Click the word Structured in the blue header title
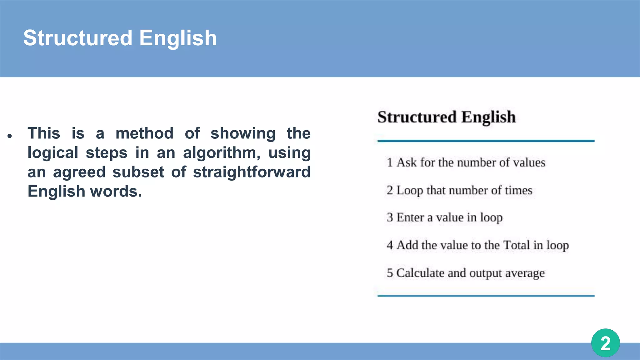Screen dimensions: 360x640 pyautogui.click(x=78, y=38)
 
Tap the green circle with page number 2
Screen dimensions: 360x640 pyautogui.click(x=605, y=343)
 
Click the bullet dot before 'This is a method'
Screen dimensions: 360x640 pyautogui.click(x=10, y=136)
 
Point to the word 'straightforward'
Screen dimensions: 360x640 pyautogui.click(x=252, y=172)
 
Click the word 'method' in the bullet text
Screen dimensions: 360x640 pyautogui.click(x=144, y=133)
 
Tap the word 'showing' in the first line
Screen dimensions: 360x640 pyautogui.click(x=243, y=133)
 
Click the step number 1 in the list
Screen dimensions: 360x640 pyautogui.click(x=389, y=162)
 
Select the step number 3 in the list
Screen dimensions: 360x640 pyautogui.click(x=390, y=217)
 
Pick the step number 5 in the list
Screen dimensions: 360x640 pyautogui.click(x=390, y=273)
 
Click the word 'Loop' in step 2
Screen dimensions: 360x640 pyautogui.click(x=410, y=191)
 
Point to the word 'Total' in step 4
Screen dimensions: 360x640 pyautogui.click(x=517, y=245)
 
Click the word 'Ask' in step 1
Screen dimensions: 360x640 pyautogui.click(x=407, y=162)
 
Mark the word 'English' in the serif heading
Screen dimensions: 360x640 pyautogui.click(x=488, y=117)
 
